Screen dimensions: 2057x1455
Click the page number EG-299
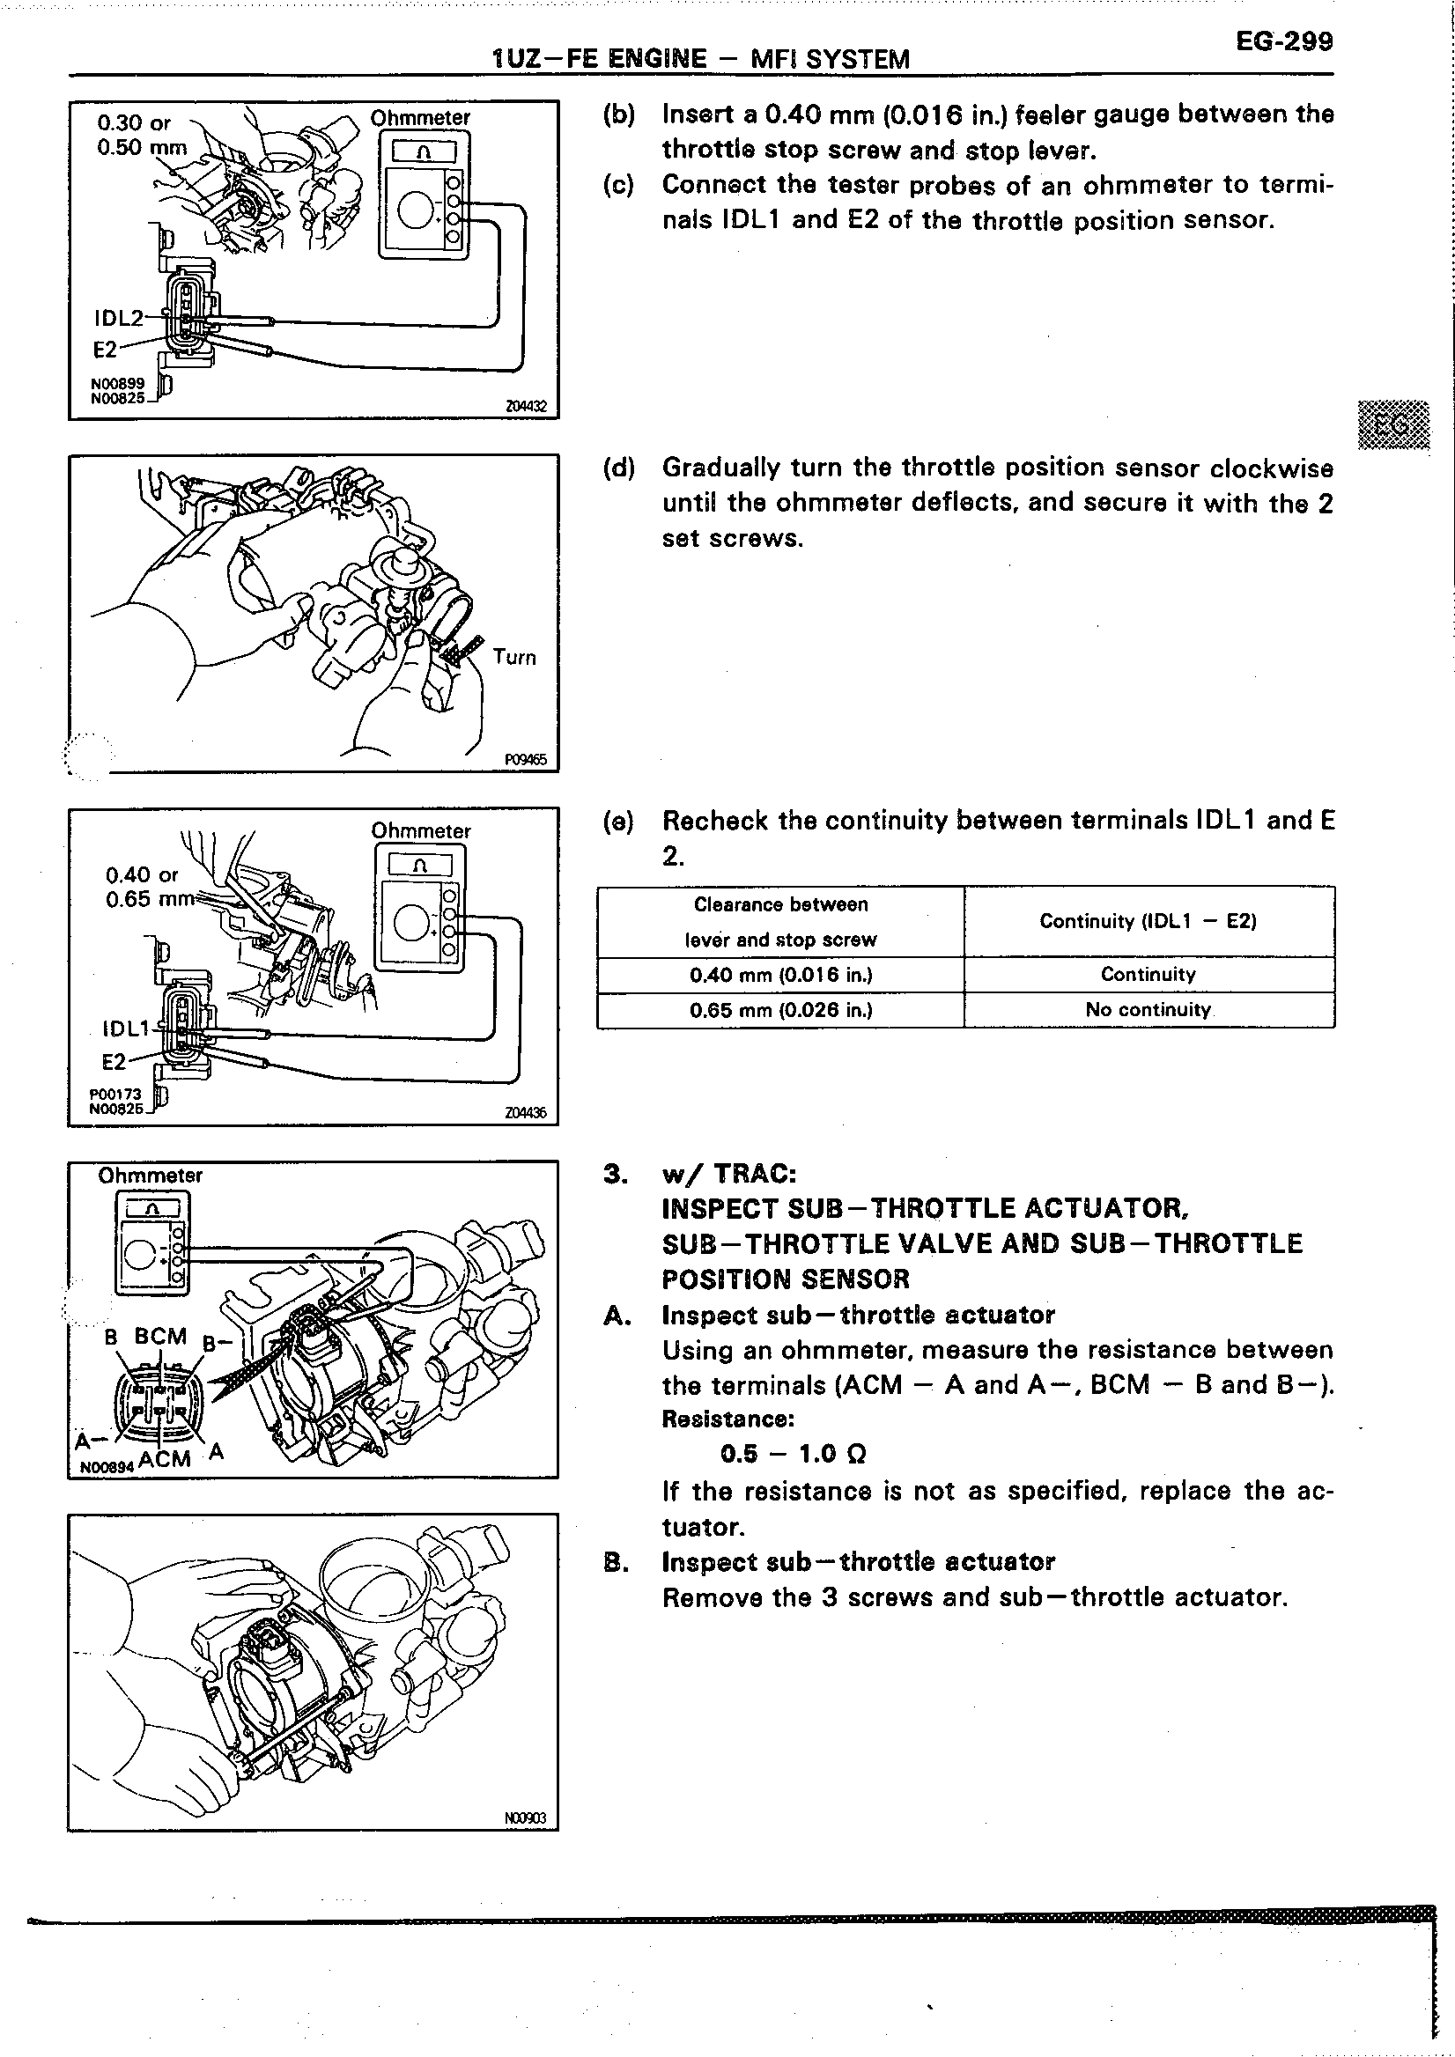pos(1284,42)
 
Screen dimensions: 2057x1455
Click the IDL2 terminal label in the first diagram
pos(119,318)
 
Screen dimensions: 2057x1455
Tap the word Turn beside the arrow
pos(514,657)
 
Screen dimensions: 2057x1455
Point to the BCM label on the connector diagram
pos(160,1336)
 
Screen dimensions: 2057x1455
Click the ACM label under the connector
pos(165,1458)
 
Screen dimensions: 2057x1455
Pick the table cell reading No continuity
pos(1148,1010)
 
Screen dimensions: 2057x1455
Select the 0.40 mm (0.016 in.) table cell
pos(780,975)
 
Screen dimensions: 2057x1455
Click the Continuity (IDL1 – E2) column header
pos(1148,921)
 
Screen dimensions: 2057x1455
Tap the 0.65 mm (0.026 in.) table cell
pos(780,1010)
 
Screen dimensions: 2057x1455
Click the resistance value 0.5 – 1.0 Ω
pos(793,1453)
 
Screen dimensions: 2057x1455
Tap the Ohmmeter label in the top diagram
pos(420,118)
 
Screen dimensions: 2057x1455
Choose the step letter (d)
pos(619,468)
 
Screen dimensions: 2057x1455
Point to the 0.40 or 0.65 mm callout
pos(144,886)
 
